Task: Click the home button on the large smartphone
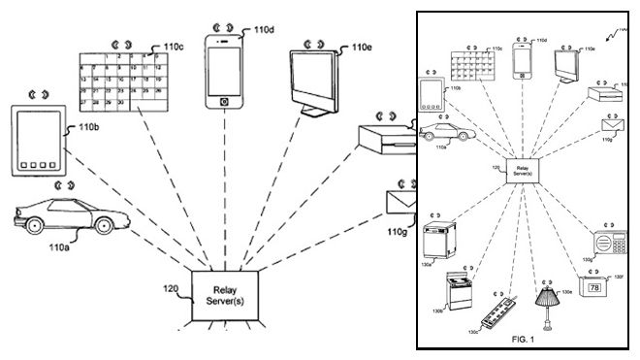[225, 101]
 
